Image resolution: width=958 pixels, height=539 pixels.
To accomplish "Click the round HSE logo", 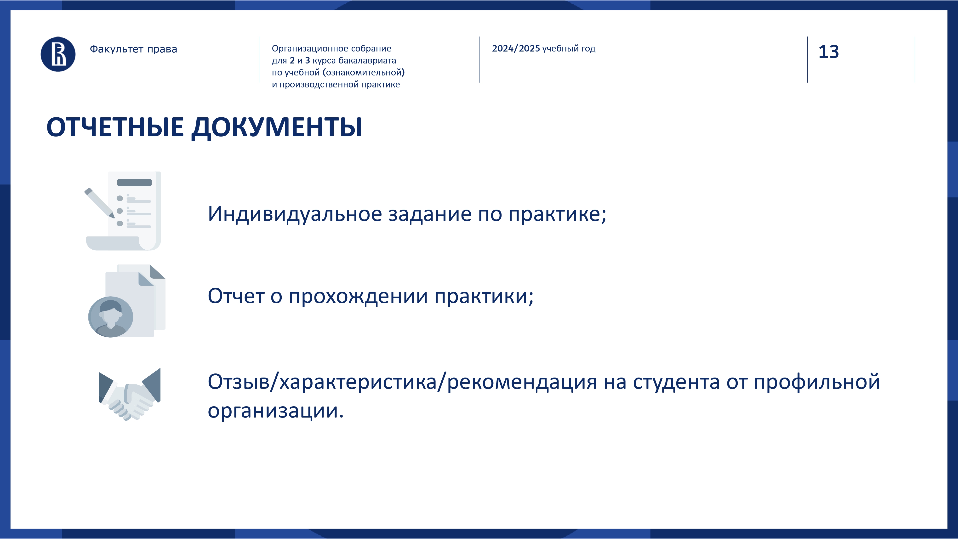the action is pos(58,54).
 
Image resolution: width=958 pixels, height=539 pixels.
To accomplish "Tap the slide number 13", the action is pos(829,52).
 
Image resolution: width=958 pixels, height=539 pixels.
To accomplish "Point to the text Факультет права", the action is pos(133,49).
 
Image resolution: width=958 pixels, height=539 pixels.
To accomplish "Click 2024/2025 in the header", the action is pos(516,48).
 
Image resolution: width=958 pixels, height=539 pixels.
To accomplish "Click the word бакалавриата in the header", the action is pos(367,60).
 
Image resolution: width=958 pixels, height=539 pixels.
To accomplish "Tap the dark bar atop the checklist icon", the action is pos(134,183).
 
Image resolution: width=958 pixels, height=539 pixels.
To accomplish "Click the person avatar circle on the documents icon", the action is pos(110,317).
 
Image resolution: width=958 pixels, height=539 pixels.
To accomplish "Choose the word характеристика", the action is pos(358,382).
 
